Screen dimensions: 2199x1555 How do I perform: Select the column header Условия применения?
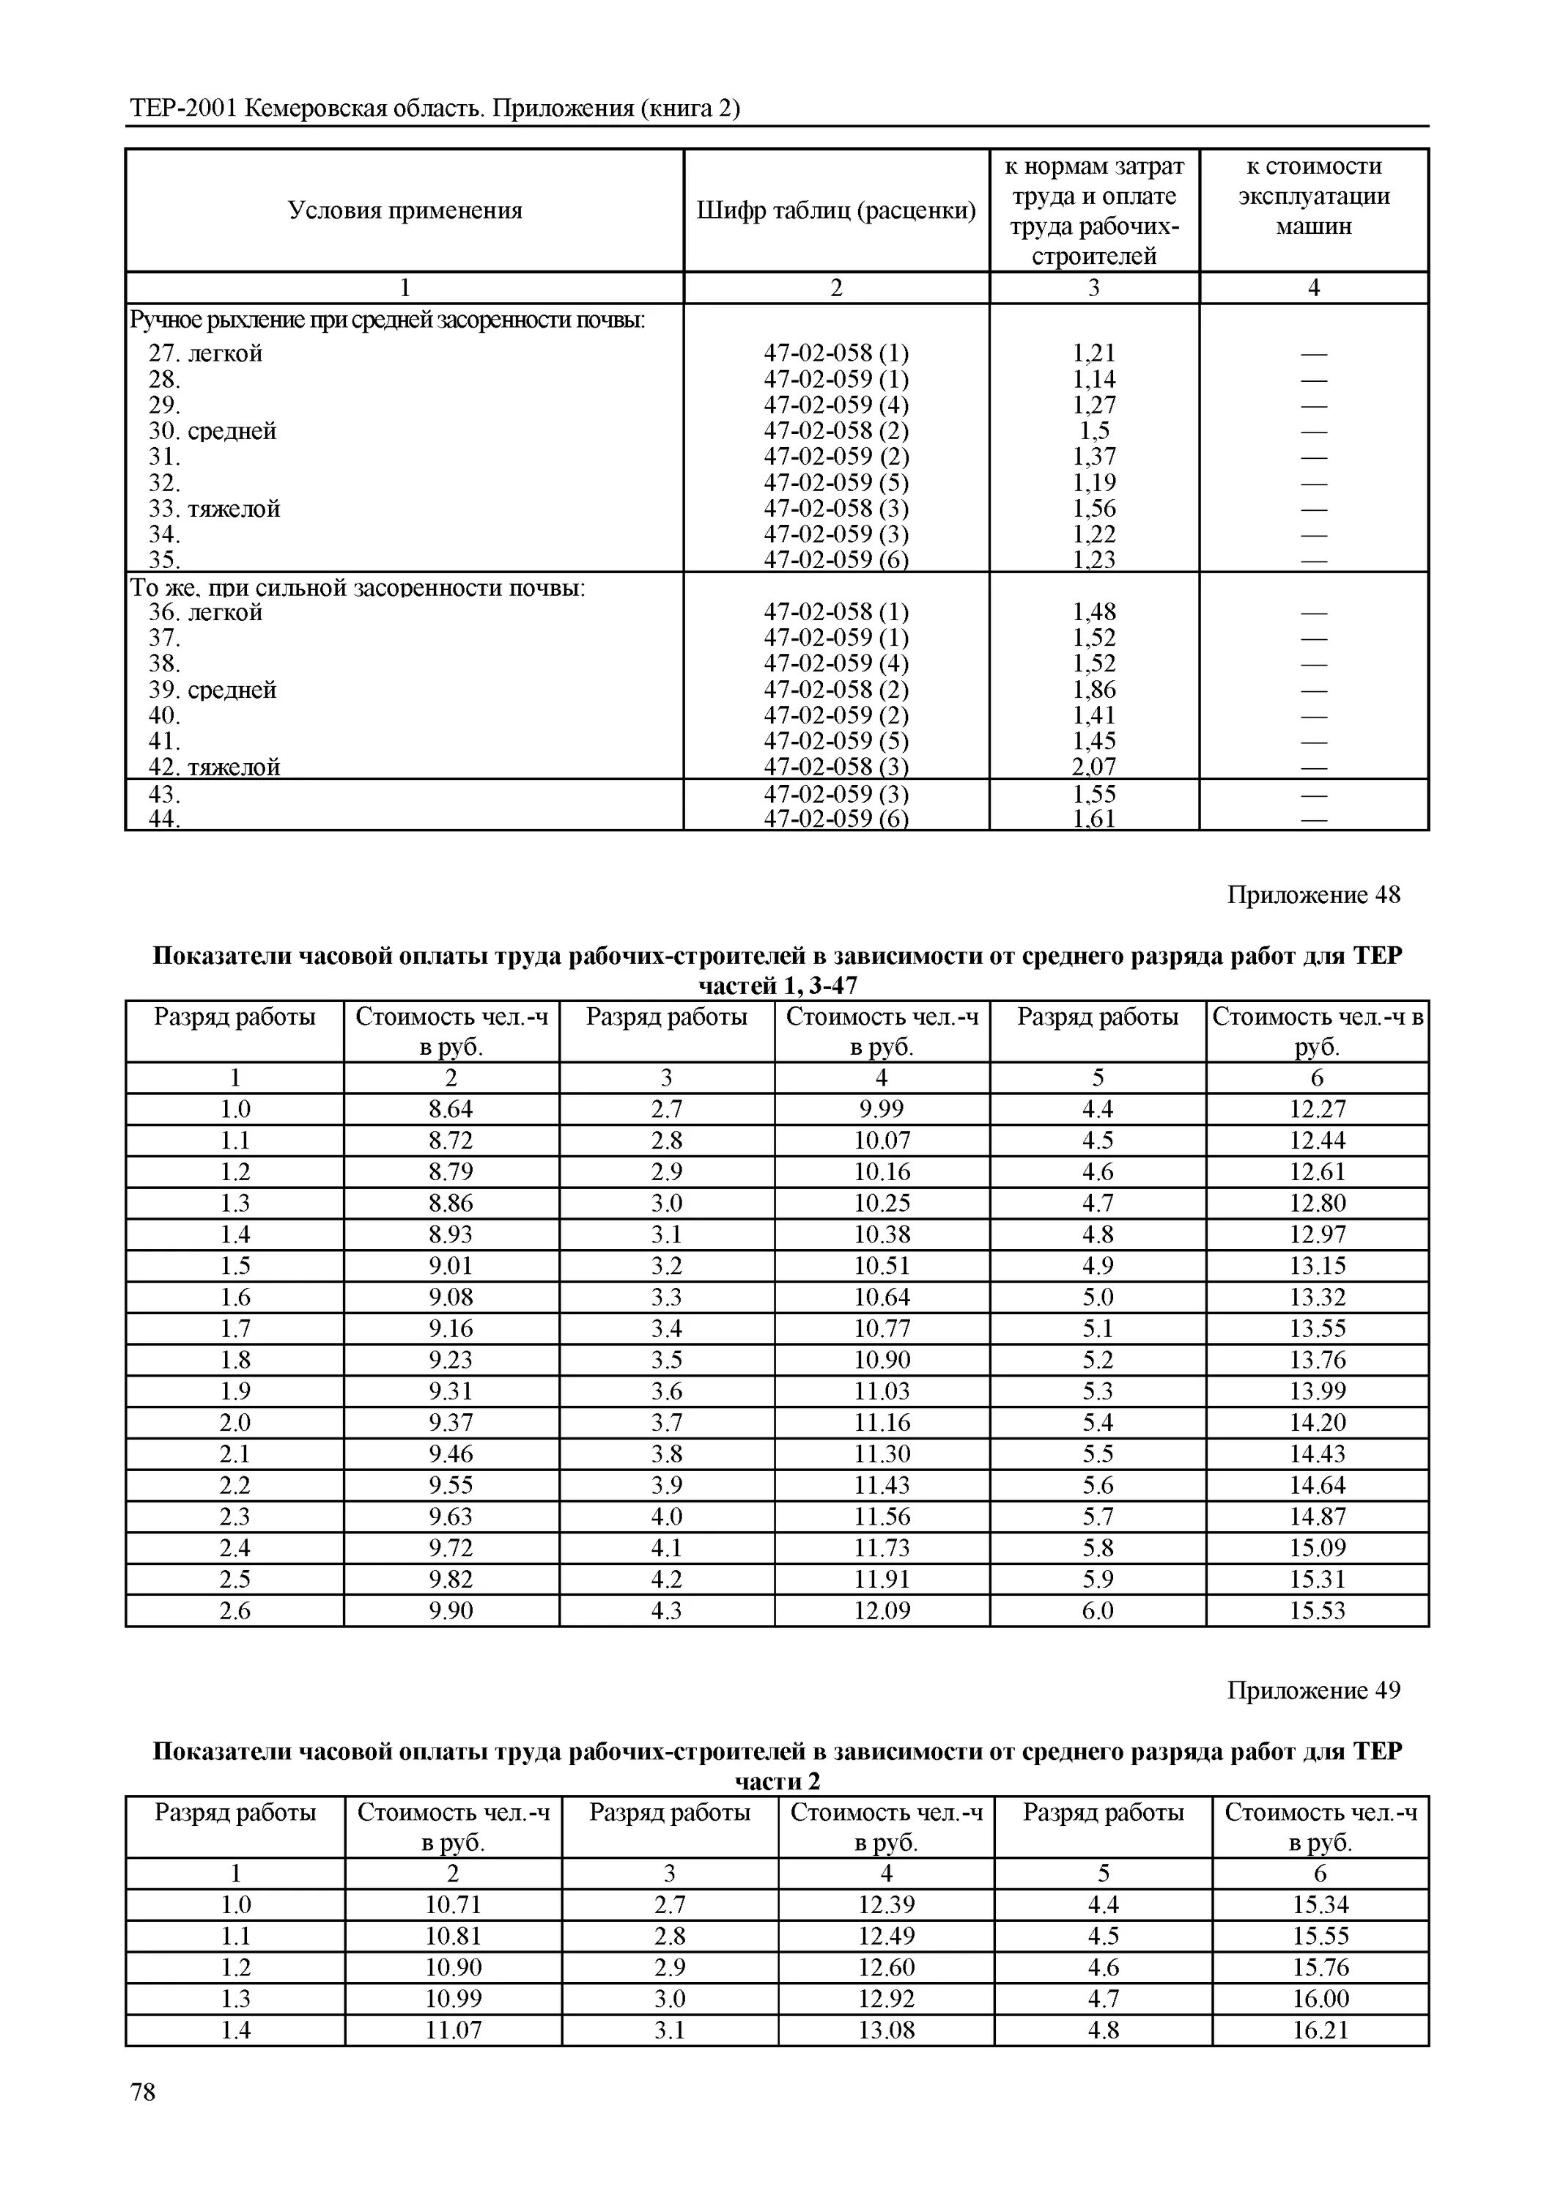(x=405, y=210)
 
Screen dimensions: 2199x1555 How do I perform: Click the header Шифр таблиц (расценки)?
(x=836, y=210)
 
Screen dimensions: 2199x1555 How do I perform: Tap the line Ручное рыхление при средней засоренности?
(x=387, y=320)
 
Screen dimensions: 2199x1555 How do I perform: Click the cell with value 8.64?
(x=450, y=1109)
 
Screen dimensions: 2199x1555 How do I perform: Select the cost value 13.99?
(x=1317, y=1391)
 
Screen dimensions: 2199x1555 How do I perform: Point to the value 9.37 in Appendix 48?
(x=450, y=1422)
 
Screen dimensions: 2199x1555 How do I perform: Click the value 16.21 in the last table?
(x=1320, y=2030)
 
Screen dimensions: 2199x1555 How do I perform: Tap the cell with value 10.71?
(x=453, y=1904)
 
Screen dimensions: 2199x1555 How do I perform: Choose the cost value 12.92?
(x=886, y=1998)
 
